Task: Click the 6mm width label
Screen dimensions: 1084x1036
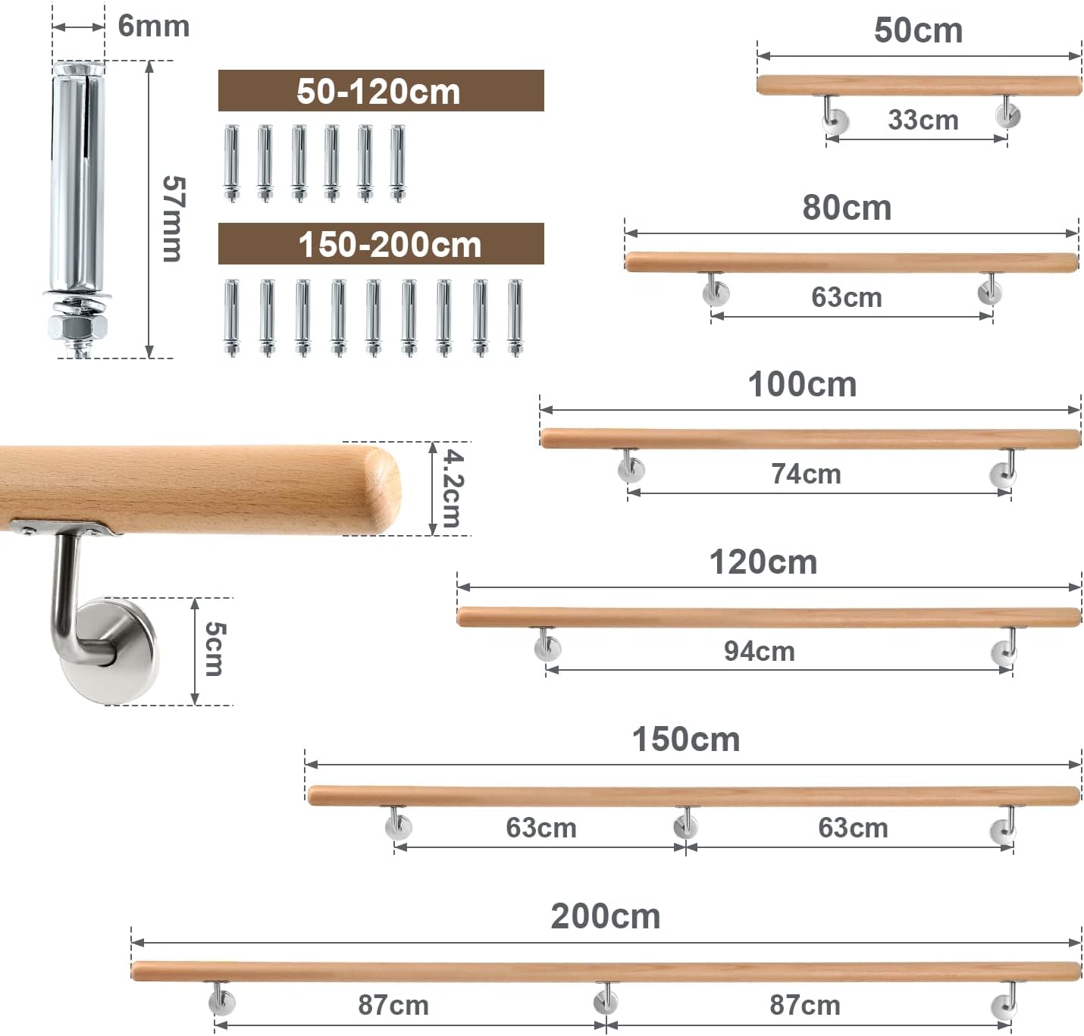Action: pos(153,27)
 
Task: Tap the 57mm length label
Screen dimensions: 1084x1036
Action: pos(174,218)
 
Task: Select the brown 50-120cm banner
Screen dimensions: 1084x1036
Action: pos(381,90)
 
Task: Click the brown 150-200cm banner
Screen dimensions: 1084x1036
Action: pos(381,243)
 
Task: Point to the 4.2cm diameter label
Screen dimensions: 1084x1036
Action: pos(453,488)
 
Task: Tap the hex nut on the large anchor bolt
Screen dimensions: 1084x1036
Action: pos(77,327)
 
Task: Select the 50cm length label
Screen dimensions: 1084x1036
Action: pos(918,30)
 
